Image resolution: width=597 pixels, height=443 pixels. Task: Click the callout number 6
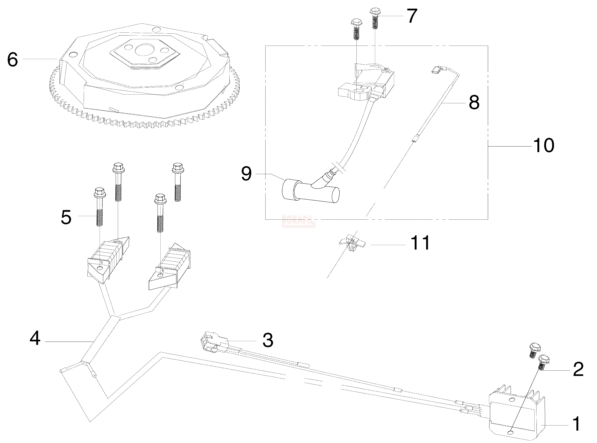pos(13,60)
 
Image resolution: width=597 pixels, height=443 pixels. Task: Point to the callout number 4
pos(35,338)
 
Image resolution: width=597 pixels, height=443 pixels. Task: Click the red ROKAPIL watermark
pos(298,221)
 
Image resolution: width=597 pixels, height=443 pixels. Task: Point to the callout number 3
pos(267,340)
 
